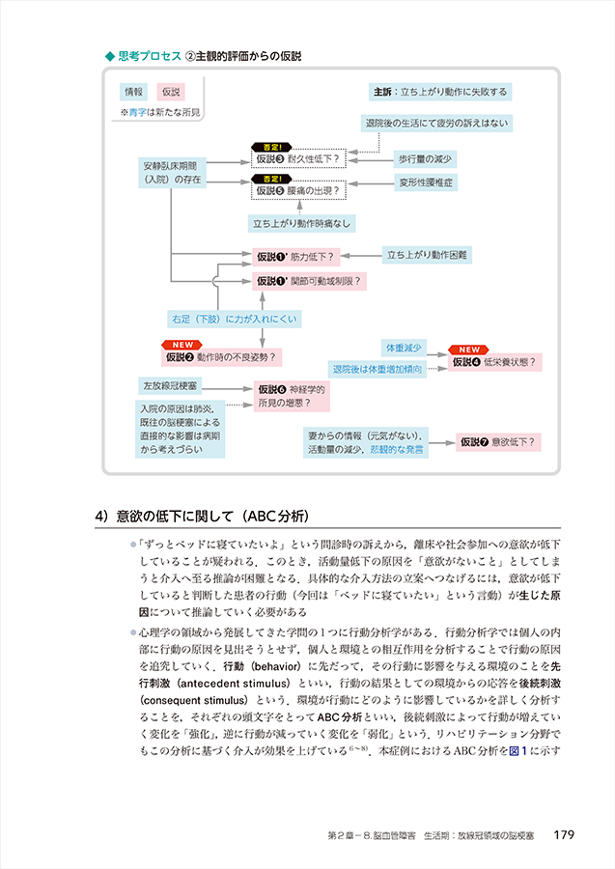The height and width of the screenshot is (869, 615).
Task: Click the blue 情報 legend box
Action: point(133,92)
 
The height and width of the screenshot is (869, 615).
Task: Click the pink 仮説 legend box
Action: point(171,92)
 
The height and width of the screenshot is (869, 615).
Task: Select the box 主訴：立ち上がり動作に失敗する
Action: point(440,93)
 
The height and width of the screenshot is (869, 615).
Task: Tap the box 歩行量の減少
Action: point(425,157)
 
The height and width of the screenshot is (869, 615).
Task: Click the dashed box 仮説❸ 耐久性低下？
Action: point(297,158)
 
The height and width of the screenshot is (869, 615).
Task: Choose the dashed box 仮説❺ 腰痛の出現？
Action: point(297,191)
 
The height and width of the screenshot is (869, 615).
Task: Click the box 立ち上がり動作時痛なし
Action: point(302,223)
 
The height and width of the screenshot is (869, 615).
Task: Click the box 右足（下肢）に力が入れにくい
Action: point(235,319)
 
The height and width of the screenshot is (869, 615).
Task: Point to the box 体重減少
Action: point(403,346)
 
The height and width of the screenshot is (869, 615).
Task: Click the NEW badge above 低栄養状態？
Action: point(468,350)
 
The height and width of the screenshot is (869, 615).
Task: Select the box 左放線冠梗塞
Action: point(169,386)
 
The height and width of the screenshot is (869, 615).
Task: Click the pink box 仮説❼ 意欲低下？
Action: point(498,442)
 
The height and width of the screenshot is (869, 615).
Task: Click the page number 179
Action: point(566,833)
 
